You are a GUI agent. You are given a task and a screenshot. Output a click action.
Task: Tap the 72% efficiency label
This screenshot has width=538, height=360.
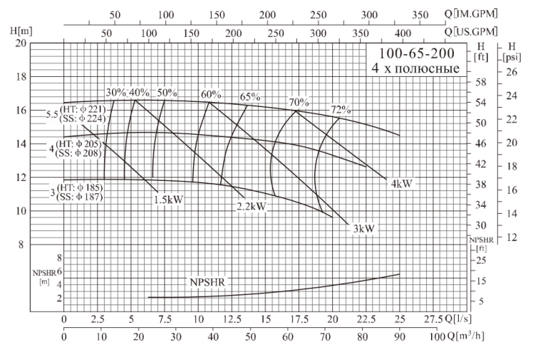tap(341, 109)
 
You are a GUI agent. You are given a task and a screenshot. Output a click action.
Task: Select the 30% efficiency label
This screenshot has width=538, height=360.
tap(116, 93)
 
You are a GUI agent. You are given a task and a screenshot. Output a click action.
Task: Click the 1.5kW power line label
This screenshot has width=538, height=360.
tap(168, 200)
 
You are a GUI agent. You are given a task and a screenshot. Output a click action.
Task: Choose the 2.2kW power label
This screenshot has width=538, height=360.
tap(252, 207)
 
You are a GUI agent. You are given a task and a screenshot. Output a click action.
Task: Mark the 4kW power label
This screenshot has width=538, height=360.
tap(401, 183)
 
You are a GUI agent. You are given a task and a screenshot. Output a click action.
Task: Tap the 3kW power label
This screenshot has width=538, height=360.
tap(363, 228)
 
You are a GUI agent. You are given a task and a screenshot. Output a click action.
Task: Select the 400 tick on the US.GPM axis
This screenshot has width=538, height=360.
tap(403, 32)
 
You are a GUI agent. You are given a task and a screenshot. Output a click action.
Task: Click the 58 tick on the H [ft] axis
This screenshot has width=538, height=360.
tap(480, 83)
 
